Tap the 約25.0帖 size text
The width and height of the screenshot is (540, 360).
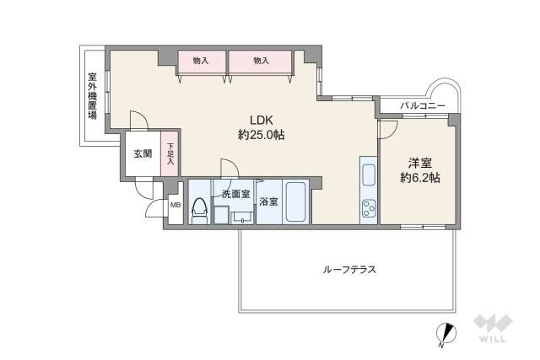261,133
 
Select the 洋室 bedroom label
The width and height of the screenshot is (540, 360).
419,163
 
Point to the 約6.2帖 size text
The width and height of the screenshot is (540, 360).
419,178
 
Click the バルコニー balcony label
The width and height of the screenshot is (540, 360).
418,105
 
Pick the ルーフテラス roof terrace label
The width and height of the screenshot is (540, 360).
348,270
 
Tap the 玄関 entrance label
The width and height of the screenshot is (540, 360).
142,153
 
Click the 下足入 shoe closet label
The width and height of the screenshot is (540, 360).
170,153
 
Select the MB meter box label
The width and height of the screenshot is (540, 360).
175,204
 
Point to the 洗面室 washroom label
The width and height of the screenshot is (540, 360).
235,194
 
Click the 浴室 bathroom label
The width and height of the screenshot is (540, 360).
268,201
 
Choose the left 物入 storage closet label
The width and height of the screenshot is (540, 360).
201,61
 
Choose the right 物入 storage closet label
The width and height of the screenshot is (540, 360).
260,61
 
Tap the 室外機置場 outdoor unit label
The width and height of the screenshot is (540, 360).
91,95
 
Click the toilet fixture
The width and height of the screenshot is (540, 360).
200,211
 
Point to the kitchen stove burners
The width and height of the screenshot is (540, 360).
369,207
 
